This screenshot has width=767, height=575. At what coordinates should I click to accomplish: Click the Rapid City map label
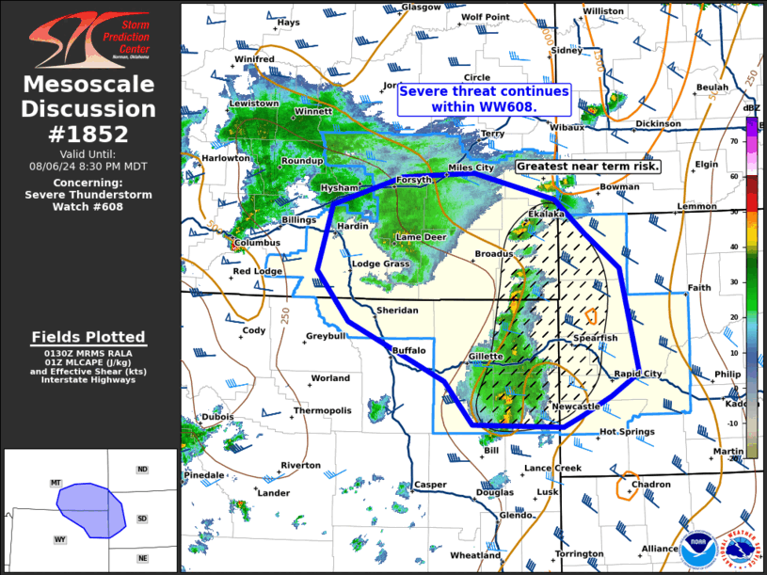pos(640,374)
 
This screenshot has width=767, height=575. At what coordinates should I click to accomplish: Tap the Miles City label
pos(471,168)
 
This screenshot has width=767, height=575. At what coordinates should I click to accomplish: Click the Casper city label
pos(431,485)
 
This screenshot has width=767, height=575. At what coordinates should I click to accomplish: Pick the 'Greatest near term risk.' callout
pos(588,167)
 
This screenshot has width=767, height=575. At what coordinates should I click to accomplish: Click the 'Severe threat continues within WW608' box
pos(484,99)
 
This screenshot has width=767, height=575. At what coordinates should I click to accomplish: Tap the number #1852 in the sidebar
pos(89,134)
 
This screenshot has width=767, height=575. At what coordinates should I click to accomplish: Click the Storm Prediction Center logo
pos(88,36)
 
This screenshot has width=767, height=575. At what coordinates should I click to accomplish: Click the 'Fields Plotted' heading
pos(88,337)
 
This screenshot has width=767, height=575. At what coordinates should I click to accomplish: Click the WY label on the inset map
pos(59,539)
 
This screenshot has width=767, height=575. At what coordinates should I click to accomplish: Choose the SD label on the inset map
pos(142,519)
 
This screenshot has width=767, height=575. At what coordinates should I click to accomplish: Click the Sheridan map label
pos(395,310)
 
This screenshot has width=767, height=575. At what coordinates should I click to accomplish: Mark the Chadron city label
pos(651,485)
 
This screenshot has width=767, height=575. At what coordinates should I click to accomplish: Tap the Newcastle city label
pos(575,407)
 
